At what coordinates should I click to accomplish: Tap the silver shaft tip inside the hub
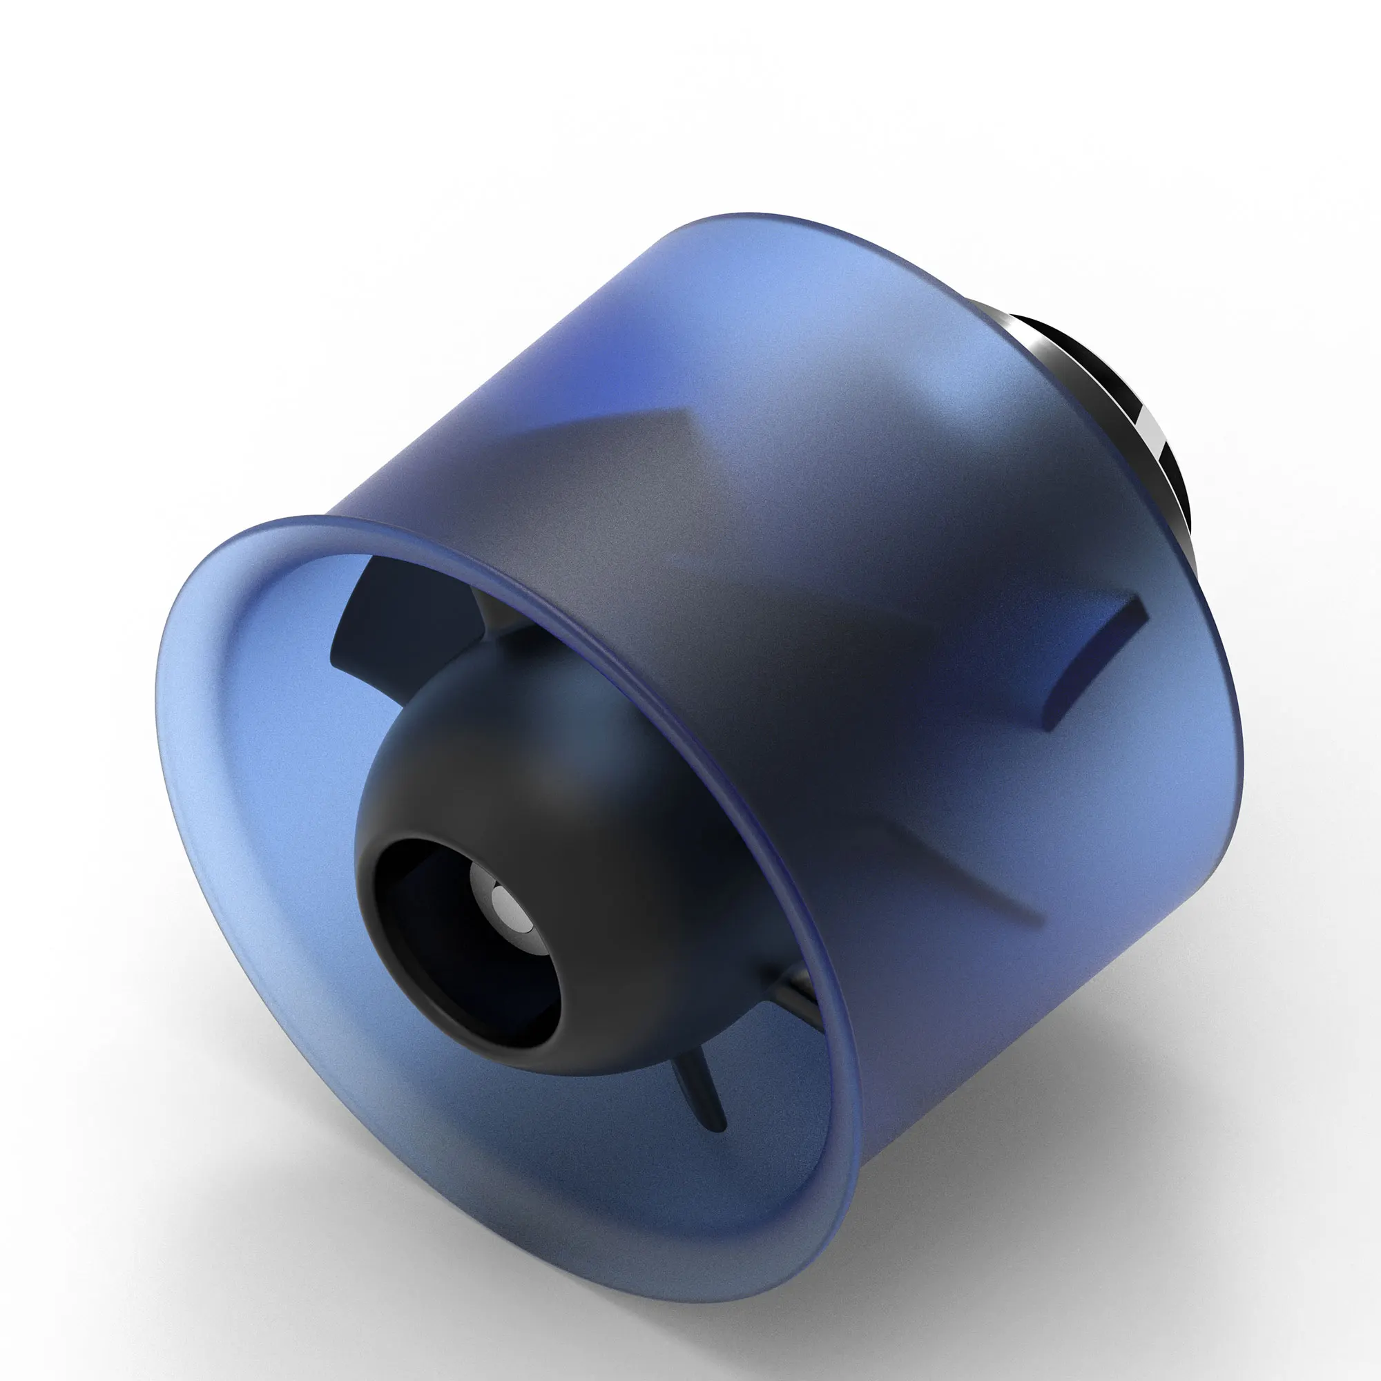coord(505,902)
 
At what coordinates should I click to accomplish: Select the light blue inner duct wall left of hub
coord(271,786)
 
